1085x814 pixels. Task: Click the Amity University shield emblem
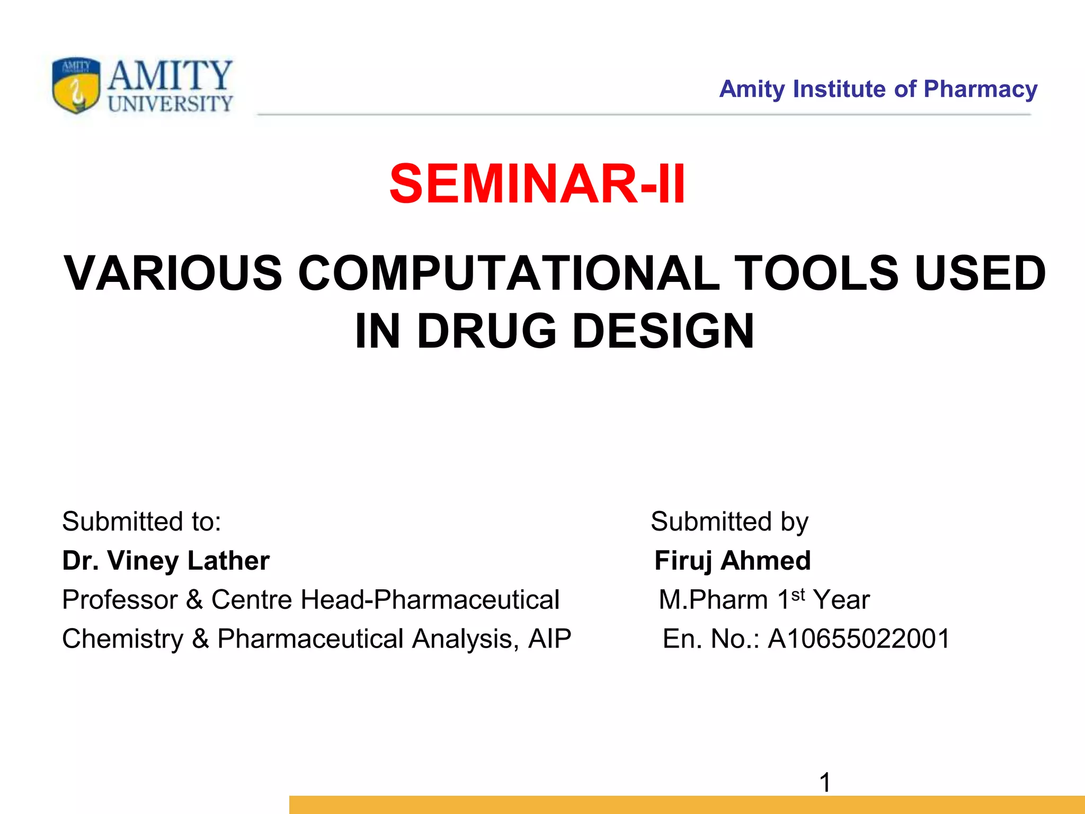(76, 85)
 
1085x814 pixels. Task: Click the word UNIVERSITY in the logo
(170, 104)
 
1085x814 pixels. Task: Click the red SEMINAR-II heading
(537, 184)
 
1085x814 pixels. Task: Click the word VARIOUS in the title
(173, 273)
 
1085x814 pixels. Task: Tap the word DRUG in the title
(486, 331)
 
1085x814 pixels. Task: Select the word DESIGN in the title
(663, 331)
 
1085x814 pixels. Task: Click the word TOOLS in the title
(816, 273)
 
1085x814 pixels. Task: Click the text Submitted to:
(141, 521)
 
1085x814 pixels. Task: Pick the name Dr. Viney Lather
(166, 561)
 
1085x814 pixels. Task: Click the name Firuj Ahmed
(732, 561)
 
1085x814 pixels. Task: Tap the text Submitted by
(729, 521)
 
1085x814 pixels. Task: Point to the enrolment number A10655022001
(859, 639)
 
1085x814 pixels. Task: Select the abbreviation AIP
(549, 639)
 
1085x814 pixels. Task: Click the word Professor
(120, 600)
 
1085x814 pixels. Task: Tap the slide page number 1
(825, 782)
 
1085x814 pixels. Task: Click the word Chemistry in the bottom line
(122, 639)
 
